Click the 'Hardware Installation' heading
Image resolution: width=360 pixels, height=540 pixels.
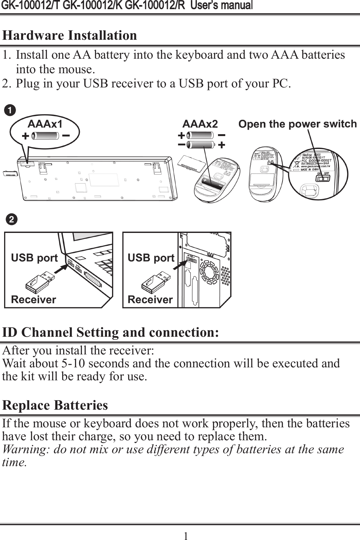coord(69,35)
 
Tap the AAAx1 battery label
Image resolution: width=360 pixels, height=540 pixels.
coord(45,123)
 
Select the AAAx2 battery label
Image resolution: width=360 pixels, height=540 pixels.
coord(200,124)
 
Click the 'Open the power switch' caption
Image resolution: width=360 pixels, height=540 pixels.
coord(297,124)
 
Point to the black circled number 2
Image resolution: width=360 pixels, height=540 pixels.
coord(11,220)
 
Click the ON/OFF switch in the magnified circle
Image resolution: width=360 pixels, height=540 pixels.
coord(323,179)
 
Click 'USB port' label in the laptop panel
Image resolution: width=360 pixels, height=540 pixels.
coord(34,258)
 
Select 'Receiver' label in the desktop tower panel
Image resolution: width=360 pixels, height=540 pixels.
coord(150,299)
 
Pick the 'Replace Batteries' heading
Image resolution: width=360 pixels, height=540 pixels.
coord(55,405)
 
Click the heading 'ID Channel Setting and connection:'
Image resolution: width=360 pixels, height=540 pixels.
coord(110,332)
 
